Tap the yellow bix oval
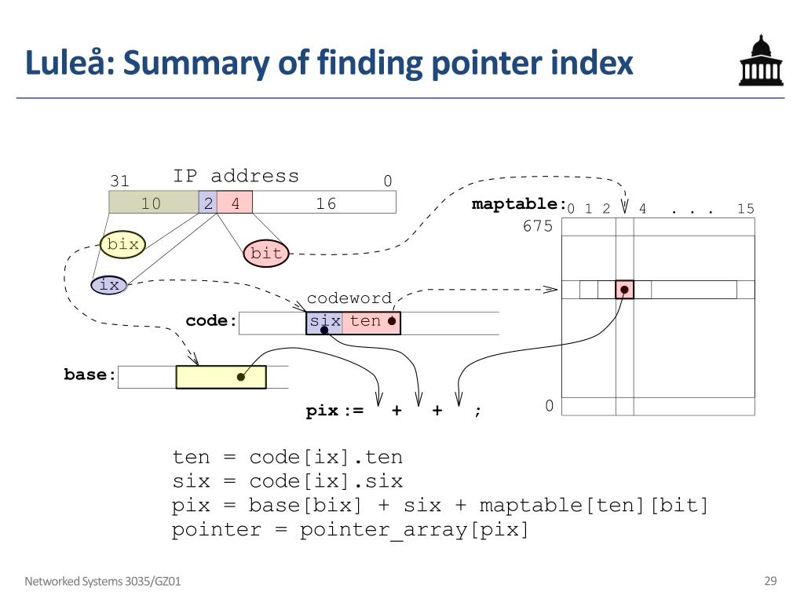122,245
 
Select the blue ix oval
109,285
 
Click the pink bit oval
266,253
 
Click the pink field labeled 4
235,204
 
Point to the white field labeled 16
325,204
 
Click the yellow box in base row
221,377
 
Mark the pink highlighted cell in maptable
624,290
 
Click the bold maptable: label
519,204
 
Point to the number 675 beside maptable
538,227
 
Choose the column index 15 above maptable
745,209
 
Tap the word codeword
349,298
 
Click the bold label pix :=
334,411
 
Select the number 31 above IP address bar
119,181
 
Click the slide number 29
770,581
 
